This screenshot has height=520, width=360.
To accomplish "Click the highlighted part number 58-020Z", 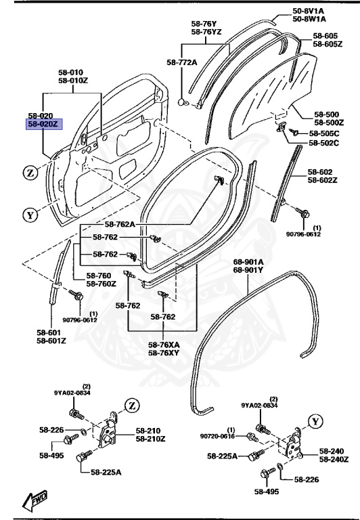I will click(x=44, y=125).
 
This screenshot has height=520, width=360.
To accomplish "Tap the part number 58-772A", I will click(x=181, y=62).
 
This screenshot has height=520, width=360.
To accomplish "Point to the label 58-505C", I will click(x=324, y=133).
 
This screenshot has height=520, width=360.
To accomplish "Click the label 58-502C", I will click(x=324, y=143).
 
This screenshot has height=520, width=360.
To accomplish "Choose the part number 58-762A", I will click(x=120, y=224).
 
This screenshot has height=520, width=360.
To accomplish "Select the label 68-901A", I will click(x=248, y=261).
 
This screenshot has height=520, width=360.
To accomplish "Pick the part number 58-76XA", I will click(x=164, y=344).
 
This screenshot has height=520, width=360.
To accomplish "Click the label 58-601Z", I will click(x=51, y=341).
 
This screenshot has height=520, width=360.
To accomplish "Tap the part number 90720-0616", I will click(x=215, y=437).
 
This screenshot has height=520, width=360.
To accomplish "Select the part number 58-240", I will click(x=332, y=450).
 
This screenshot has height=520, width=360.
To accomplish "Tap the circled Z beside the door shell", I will click(x=30, y=173).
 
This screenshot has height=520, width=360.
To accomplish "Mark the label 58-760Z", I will click(x=101, y=284).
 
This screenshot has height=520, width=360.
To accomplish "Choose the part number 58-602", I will click(x=323, y=172).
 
